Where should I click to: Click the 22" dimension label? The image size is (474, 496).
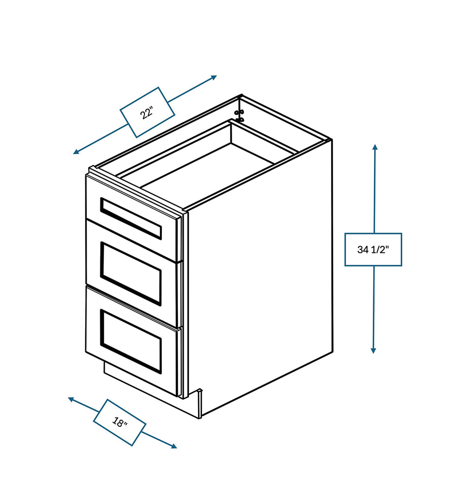(x=147, y=112)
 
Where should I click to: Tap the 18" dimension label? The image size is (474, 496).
(x=119, y=422)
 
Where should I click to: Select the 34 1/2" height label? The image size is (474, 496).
(x=373, y=249)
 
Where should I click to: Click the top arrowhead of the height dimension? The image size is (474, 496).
(x=375, y=147)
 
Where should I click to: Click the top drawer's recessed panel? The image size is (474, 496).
(x=131, y=218)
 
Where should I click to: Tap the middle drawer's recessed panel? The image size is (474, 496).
(x=131, y=274)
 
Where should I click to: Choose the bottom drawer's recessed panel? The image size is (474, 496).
(x=131, y=341)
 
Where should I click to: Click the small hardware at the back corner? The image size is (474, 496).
(x=238, y=115)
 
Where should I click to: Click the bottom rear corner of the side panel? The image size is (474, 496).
(x=332, y=352)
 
